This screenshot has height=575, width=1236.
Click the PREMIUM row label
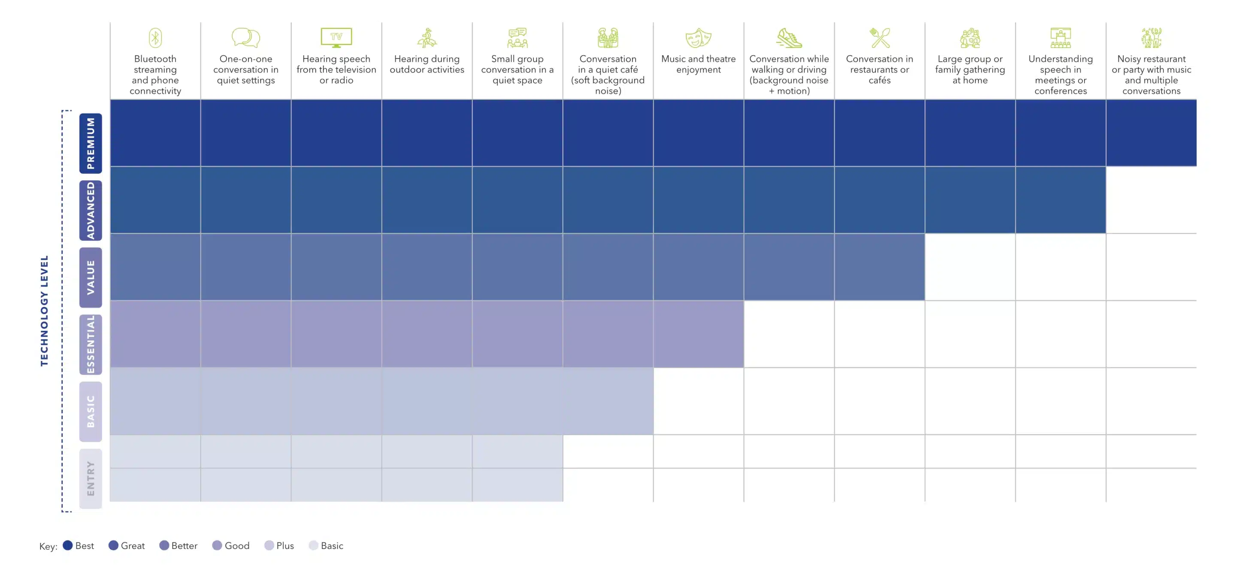[x=91, y=143]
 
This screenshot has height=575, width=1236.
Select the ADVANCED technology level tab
[x=91, y=210]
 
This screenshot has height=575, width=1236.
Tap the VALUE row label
[x=91, y=277]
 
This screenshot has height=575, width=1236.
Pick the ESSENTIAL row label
[x=91, y=344]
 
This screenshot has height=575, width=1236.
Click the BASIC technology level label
[x=91, y=412]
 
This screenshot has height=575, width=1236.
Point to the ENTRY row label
[x=91, y=478]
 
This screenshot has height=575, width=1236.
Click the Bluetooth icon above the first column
[x=155, y=38]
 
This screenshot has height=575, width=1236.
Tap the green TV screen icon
[x=336, y=37]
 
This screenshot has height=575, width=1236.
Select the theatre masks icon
[x=698, y=38]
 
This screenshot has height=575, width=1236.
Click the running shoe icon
[x=789, y=38]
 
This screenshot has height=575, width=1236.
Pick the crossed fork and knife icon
[x=879, y=38]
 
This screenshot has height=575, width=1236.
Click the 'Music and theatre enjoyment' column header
[x=698, y=64]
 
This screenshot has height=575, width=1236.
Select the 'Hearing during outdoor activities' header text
[x=427, y=64]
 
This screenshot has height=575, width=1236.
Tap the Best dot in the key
[x=68, y=545]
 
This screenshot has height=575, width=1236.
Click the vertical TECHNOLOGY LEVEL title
[x=44, y=311]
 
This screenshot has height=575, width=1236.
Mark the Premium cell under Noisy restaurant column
[x=1151, y=133]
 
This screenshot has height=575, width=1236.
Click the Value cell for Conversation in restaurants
[x=879, y=267]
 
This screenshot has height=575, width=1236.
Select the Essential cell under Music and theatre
[x=698, y=334]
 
